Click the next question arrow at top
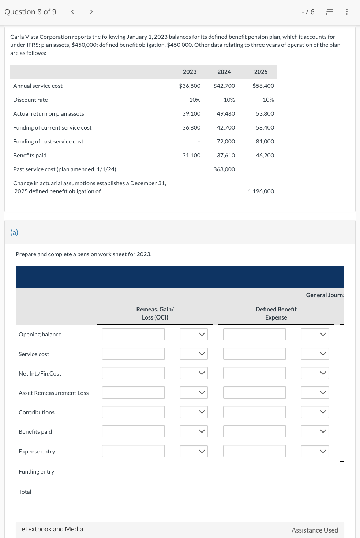point(91,12)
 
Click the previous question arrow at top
point(72,12)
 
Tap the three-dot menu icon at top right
point(346,12)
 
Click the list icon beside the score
point(329,12)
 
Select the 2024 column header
point(224,72)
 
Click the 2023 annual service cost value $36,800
point(190,86)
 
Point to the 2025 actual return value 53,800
point(265,113)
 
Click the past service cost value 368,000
point(224,169)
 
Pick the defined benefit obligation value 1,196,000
point(261,191)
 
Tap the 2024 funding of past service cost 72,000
point(226,141)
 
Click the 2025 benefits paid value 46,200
point(265,155)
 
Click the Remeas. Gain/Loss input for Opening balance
point(133,334)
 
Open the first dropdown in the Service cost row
point(194,354)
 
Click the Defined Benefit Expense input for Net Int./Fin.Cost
point(254,373)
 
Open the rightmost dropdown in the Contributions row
point(315,412)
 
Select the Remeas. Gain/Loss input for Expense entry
point(133,451)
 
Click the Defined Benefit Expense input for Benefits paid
point(254,431)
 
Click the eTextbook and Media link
point(52,529)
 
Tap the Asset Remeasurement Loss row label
point(53,393)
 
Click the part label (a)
point(14,232)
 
